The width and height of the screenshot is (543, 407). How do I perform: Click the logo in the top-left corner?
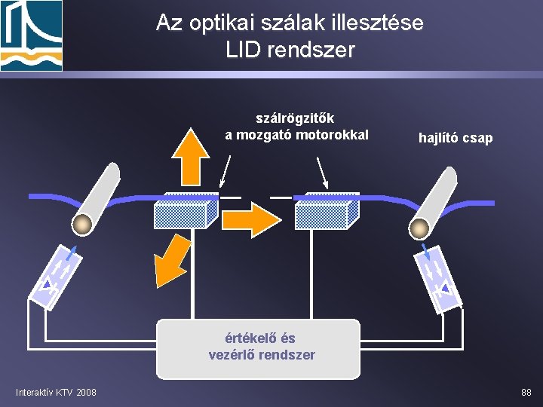coord(31,35)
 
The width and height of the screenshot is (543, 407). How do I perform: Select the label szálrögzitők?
coord(296,118)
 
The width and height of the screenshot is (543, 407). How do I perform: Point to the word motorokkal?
coord(333,135)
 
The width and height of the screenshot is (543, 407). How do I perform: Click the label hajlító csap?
coord(455,138)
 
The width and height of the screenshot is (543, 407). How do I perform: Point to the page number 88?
coord(526,392)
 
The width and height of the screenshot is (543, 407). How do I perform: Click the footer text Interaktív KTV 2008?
coord(56,392)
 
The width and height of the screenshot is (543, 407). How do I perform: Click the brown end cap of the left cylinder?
coord(83,224)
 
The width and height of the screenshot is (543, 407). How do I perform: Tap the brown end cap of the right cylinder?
coord(419,228)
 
